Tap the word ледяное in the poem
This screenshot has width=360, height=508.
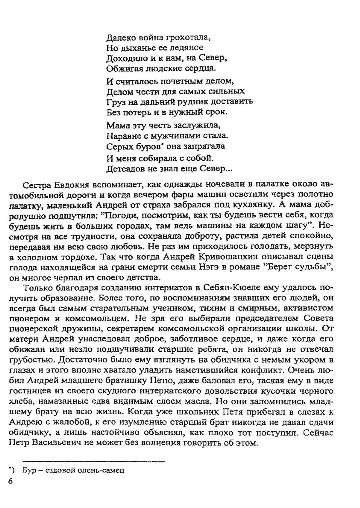click(x=187, y=48)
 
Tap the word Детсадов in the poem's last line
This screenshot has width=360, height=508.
click(x=126, y=168)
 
